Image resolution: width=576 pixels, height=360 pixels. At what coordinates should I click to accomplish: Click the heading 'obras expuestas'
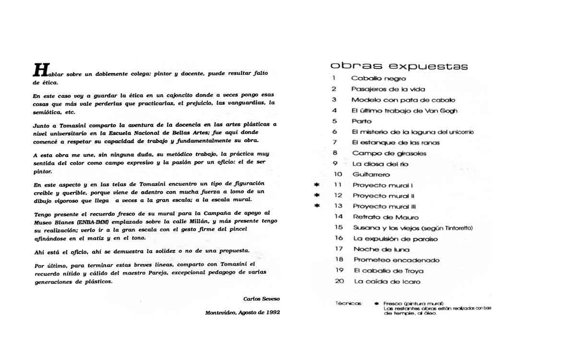pyautogui.click(x=399, y=66)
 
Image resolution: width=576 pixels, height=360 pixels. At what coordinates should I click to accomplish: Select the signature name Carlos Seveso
pyautogui.click(x=261, y=299)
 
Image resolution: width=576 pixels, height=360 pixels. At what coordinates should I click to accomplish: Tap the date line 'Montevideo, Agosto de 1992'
pyautogui.click(x=242, y=312)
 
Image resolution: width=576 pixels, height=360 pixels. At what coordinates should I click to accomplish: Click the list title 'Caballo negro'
pyautogui.click(x=378, y=78)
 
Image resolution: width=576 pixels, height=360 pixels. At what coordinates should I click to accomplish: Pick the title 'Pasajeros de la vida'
pyautogui.click(x=388, y=89)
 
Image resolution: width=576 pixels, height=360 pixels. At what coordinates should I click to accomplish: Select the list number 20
pyautogui.click(x=339, y=281)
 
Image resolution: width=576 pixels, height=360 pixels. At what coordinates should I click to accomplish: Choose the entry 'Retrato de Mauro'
pyautogui.click(x=385, y=217)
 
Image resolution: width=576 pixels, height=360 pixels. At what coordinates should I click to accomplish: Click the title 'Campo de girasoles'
pyautogui.click(x=389, y=153)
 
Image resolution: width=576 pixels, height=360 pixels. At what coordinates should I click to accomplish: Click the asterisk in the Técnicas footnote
pyautogui.click(x=376, y=304)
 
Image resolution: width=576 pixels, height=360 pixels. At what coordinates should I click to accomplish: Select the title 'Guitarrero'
pyautogui.click(x=371, y=175)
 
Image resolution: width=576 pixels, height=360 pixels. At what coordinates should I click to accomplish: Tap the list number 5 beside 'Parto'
pyautogui.click(x=335, y=121)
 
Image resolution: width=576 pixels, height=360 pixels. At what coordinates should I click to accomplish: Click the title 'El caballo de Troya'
pyautogui.click(x=388, y=270)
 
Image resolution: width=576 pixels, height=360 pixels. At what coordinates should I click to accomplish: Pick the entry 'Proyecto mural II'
pyautogui.click(x=384, y=196)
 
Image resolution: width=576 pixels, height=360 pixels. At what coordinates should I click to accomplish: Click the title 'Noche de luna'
pyautogui.click(x=381, y=249)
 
